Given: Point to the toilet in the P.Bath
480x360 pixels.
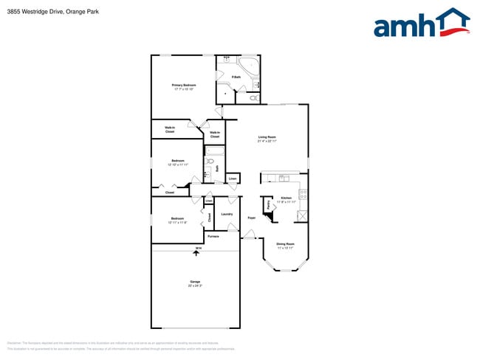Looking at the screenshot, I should pyautogui.click(x=253, y=97).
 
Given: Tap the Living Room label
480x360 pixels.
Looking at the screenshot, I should pyautogui.click(x=267, y=138).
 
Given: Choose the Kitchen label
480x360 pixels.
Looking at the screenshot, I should pyautogui.click(x=286, y=198).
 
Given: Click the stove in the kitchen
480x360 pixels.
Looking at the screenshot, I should pyautogui.click(x=302, y=195).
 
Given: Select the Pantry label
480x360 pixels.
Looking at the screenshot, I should pyautogui.click(x=268, y=204).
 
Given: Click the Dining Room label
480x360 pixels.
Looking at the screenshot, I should pyautogui.click(x=285, y=245).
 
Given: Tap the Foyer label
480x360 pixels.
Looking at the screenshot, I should pyautogui.click(x=251, y=218).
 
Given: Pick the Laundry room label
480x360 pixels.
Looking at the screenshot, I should pyautogui.click(x=227, y=214).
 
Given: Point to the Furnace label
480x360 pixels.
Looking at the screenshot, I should pyautogui.click(x=213, y=236).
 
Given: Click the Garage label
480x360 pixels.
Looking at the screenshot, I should pyautogui.click(x=195, y=283).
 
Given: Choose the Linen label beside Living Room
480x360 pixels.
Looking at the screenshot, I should pyautogui.click(x=233, y=179).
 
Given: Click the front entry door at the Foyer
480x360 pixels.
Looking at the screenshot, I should pyautogui.click(x=250, y=236).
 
